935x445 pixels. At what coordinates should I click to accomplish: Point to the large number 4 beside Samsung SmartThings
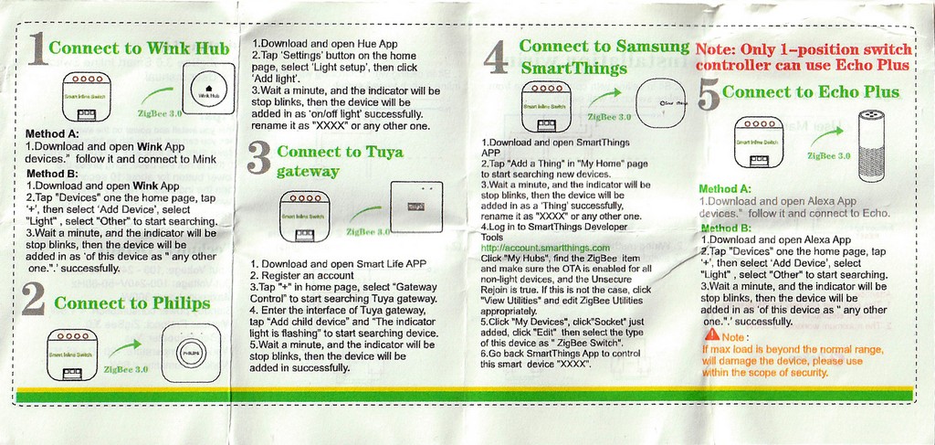pyautogui.click(x=495, y=59)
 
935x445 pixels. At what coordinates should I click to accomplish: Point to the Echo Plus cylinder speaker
pyautogui.click(x=871, y=138)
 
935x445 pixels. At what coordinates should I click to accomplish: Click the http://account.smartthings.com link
pyautogui.click(x=544, y=248)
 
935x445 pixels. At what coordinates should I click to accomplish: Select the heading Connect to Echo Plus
pyautogui.click(x=811, y=92)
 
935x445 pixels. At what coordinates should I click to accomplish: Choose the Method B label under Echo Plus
pyautogui.click(x=725, y=227)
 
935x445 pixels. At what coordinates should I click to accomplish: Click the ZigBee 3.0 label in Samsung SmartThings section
pyautogui.click(x=609, y=117)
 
